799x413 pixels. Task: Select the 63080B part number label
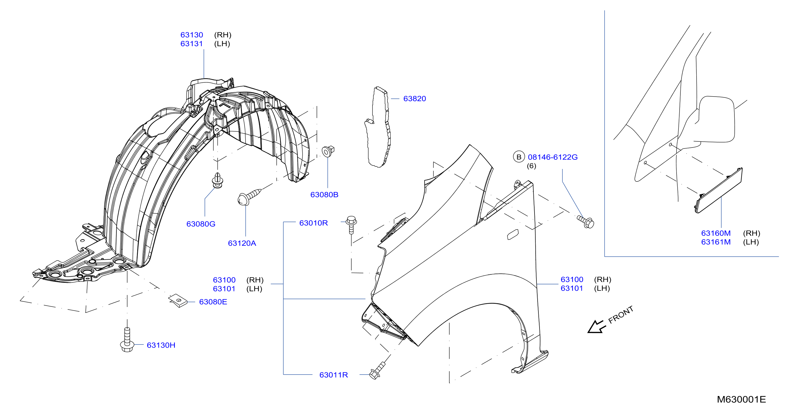point(324,195)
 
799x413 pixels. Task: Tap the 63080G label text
point(201,224)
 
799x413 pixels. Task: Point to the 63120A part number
point(242,243)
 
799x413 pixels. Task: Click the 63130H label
point(161,345)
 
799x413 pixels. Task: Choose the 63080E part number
point(213,302)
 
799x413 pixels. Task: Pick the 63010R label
point(313,223)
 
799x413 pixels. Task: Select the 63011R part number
point(334,375)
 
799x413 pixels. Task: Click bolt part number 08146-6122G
point(553,157)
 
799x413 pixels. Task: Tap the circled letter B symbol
point(519,157)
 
